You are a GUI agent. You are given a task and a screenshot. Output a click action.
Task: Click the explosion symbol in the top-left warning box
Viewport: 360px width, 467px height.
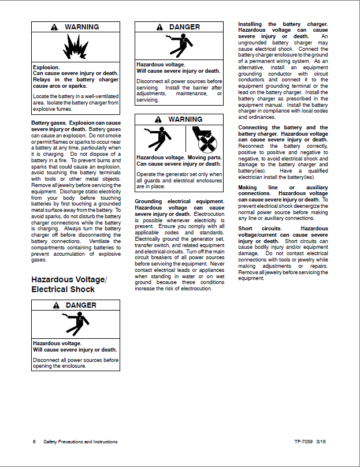pyautogui.click(x=75, y=47)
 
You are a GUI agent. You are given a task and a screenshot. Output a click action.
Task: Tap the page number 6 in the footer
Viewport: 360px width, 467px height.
pyautogui.click(x=34, y=442)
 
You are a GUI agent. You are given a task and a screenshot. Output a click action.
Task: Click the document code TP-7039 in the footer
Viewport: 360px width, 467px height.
pyautogui.click(x=303, y=442)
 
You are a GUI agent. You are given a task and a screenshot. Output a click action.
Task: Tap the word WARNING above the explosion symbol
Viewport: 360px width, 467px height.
pyautogui.click(x=81, y=27)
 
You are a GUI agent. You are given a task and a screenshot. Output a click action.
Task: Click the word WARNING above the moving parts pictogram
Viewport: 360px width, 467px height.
pyautogui.click(x=185, y=119)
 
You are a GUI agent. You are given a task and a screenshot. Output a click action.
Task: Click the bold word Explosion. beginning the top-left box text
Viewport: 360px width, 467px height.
pyautogui.click(x=46, y=68)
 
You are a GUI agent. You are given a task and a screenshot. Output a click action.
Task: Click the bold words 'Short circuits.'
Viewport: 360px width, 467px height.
pyautogui.click(x=259, y=229)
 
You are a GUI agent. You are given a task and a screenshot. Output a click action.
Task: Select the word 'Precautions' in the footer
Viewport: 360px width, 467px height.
pyautogui.click(x=70, y=442)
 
